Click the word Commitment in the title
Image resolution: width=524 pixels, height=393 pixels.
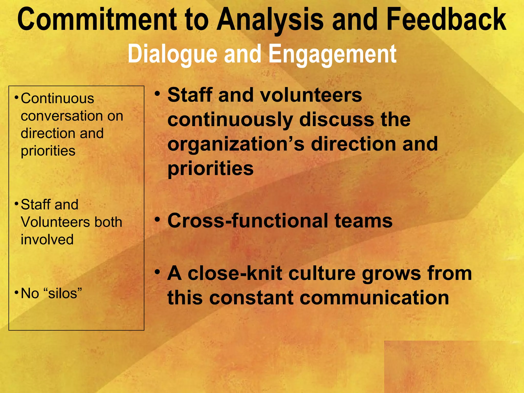point(97,20)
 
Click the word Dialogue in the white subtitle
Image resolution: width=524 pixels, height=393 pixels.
point(172,54)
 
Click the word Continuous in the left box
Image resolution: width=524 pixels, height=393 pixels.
point(57,99)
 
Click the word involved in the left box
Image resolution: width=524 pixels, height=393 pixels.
point(47,239)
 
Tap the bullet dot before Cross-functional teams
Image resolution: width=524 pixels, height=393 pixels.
point(158,219)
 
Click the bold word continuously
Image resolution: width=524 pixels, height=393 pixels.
point(230,119)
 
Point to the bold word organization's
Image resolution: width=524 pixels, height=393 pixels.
point(236,144)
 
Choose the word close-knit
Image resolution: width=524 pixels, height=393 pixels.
point(235,273)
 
